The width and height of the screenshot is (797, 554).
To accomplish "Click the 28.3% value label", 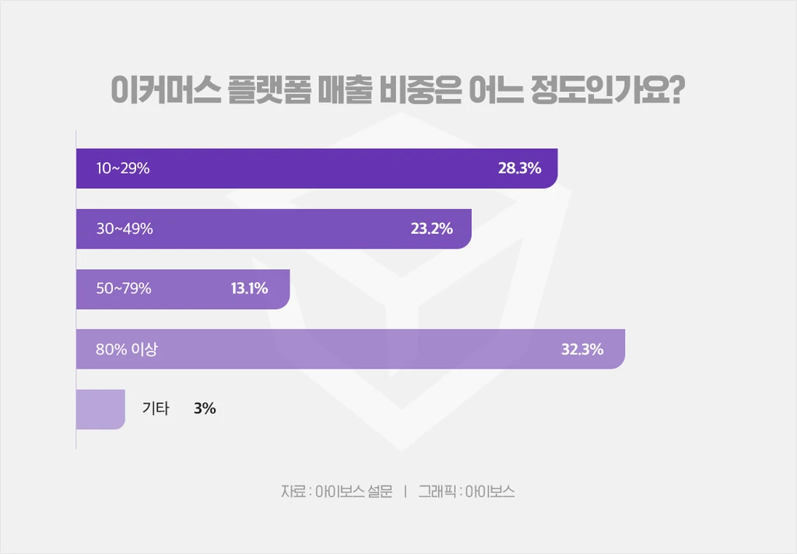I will (519, 168).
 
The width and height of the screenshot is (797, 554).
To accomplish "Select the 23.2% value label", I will (431, 229).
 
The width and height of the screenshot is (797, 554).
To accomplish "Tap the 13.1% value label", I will (249, 288).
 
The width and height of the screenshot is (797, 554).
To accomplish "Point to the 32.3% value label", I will (582, 349).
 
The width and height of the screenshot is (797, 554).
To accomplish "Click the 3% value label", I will (205, 408).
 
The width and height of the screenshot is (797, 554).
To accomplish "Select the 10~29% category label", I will (122, 168).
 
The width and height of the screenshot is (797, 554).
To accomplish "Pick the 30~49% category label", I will (125, 229).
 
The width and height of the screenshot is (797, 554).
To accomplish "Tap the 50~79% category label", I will (124, 288).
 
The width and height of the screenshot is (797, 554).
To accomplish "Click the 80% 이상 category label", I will (127, 349).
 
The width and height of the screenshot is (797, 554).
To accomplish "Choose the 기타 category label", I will (155, 408).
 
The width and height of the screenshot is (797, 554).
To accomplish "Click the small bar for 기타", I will (100, 409).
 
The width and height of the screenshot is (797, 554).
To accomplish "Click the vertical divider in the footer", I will (406, 492).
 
